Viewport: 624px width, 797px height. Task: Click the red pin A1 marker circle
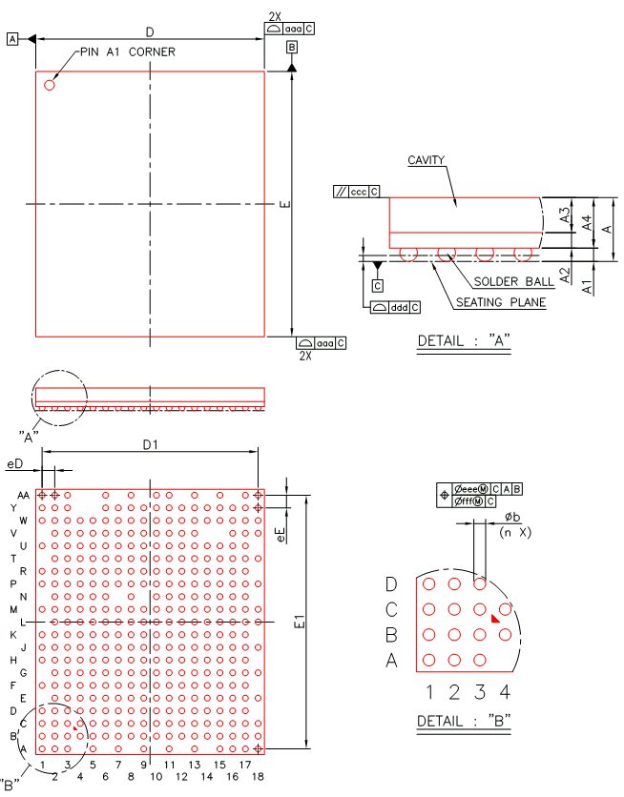point(50,85)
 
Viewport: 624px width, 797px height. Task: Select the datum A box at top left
point(12,39)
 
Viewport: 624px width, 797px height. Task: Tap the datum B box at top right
point(291,46)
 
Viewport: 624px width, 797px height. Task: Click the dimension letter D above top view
point(150,32)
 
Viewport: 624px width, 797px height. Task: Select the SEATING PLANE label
point(500,303)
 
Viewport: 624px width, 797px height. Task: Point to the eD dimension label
point(14,462)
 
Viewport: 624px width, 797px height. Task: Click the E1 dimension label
point(300,622)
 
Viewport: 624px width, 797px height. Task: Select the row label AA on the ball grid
point(23,496)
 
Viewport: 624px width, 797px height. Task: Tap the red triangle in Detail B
point(495,619)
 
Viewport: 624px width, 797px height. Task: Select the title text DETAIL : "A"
point(464,340)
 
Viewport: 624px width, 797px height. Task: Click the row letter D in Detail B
point(391,583)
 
